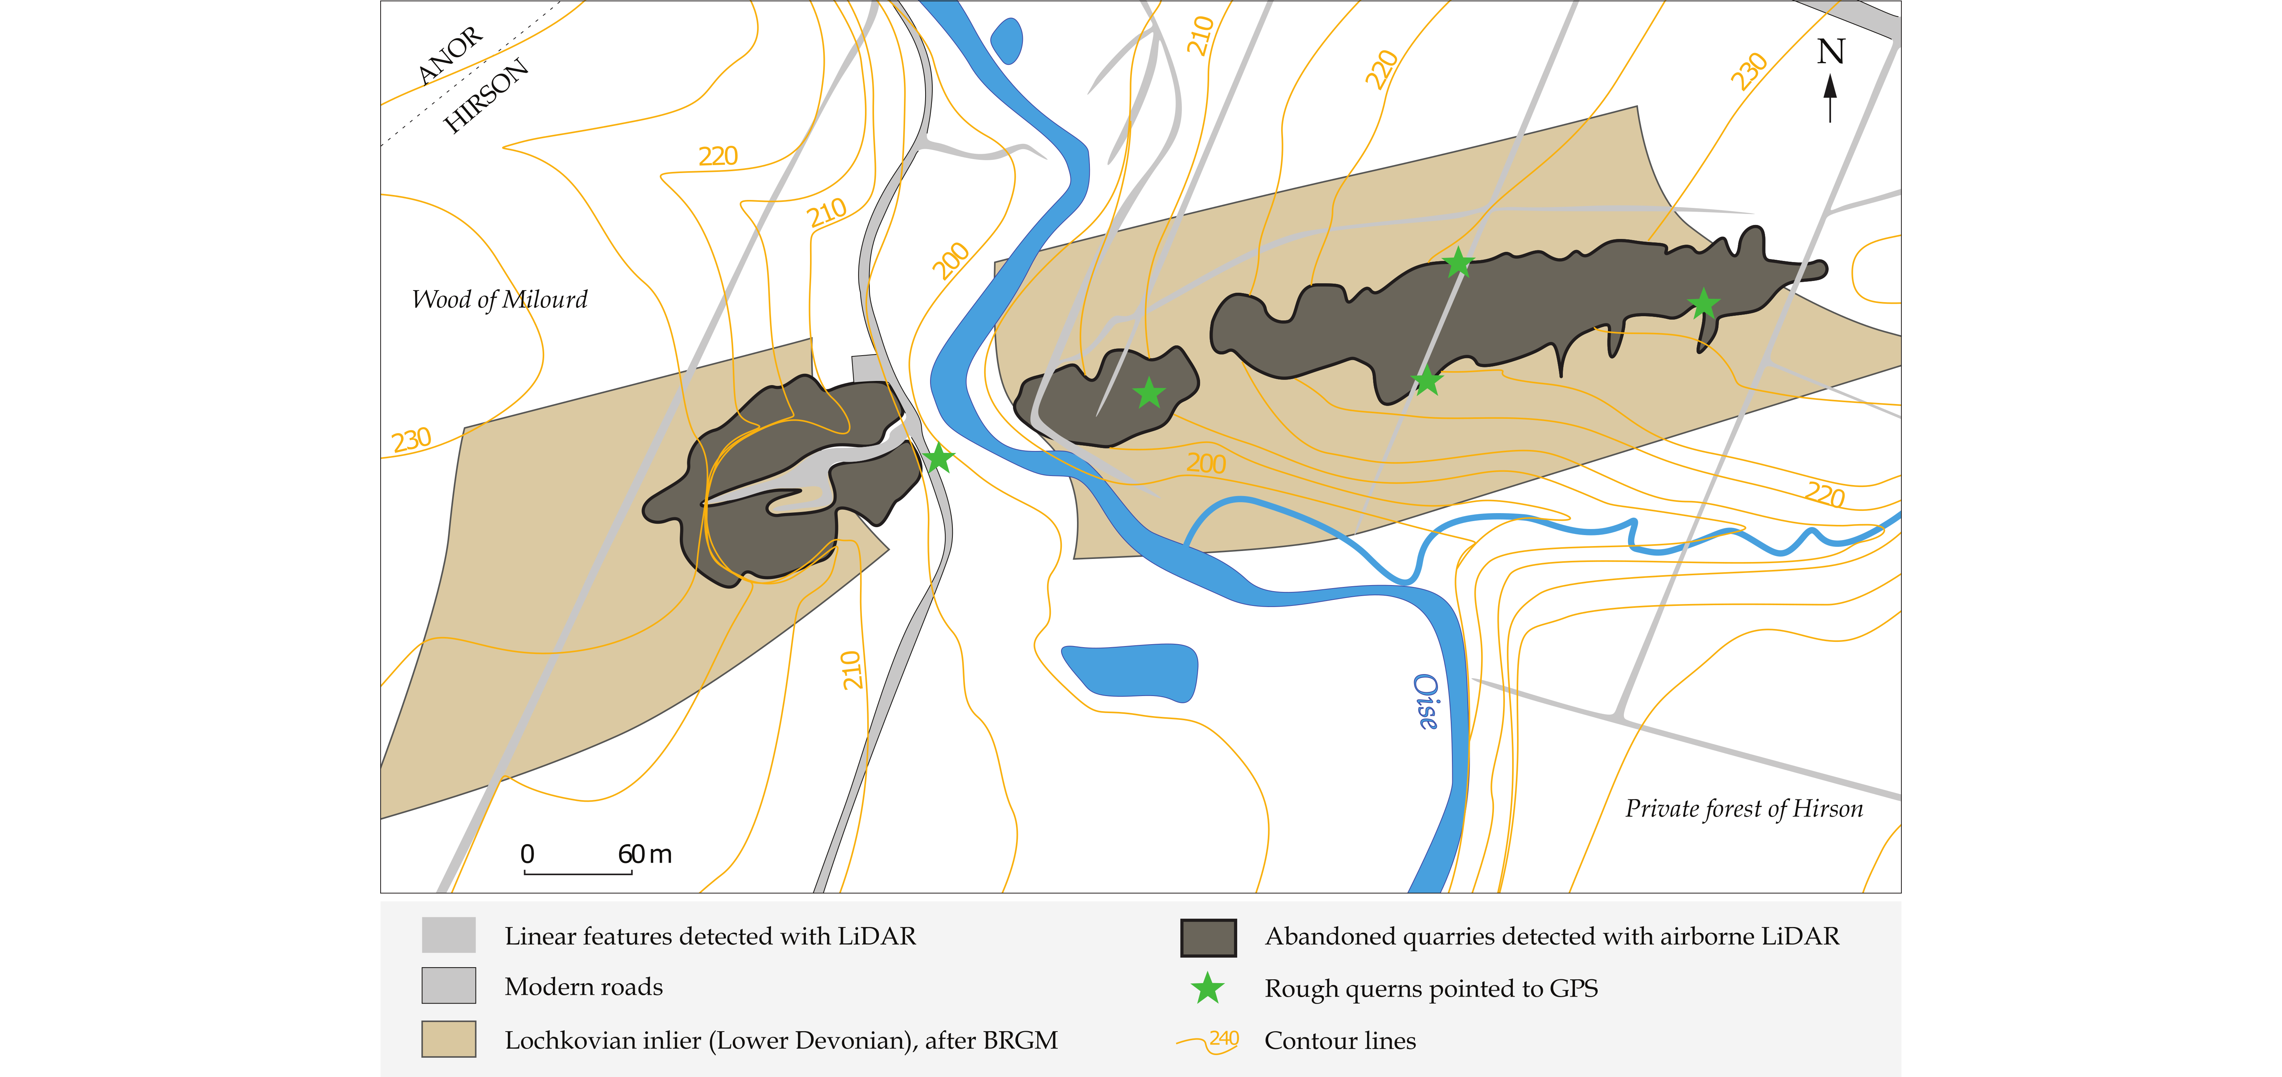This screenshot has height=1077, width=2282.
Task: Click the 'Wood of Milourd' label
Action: tap(499, 300)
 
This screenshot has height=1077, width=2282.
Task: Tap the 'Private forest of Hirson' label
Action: tap(1743, 809)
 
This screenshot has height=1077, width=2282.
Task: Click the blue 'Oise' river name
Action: tap(1425, 701)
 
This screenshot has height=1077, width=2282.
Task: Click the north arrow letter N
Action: tap(1831, 52)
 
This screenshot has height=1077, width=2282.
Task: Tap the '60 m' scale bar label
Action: tap(645, 854)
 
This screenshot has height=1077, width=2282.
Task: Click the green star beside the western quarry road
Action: tap(938, 458)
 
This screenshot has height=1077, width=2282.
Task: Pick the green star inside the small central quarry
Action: tap(1149, 392)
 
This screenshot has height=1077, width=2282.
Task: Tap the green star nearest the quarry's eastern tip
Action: tap(1703, 304)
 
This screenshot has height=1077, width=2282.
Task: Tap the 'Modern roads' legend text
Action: tap(584, 986)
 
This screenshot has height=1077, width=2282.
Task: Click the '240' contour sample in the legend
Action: tap(1224, 1038)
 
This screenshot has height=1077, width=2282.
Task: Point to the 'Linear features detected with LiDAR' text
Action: tap(710, 936)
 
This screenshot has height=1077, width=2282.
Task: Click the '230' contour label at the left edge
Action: tap(412, 440)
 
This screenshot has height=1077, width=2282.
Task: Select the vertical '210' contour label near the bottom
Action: tap(851, 670)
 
